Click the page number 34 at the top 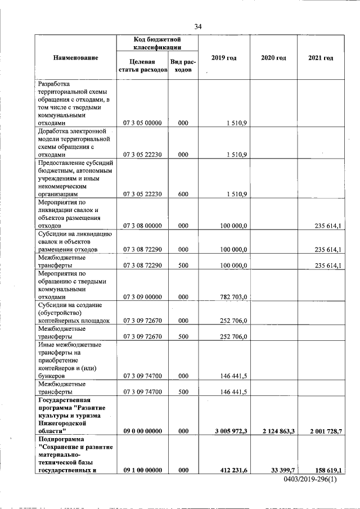tap(197, 26)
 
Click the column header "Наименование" tap(76, 58)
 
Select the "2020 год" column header tap(274, 58)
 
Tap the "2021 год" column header tap(321, 58)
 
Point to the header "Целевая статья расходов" tap(142, 66)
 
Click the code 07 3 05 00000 tap(142, 123)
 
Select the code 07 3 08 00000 tap(142, 225)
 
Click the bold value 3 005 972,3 tap(232, 431)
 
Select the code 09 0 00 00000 tap(142, 431)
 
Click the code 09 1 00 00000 tap(142, 470)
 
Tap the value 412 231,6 tap(234, 470)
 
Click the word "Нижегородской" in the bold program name tap(62, 423)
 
